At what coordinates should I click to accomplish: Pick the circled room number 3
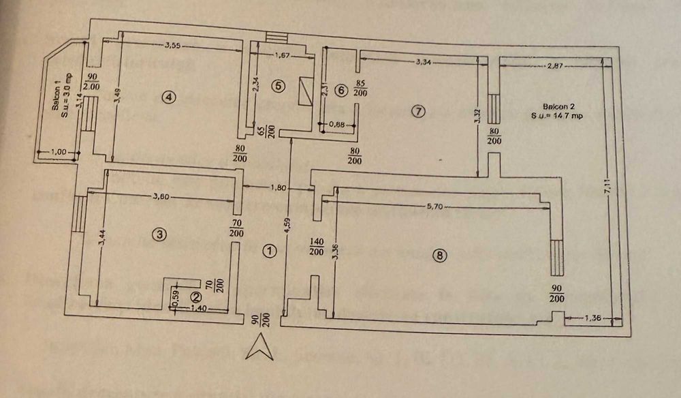(x=159, y=234)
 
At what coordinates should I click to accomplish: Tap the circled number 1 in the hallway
(x=270, y=251)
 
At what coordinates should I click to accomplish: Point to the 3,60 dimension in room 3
(x=163, y=198)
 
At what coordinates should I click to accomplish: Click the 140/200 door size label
(x=315, y=247)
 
